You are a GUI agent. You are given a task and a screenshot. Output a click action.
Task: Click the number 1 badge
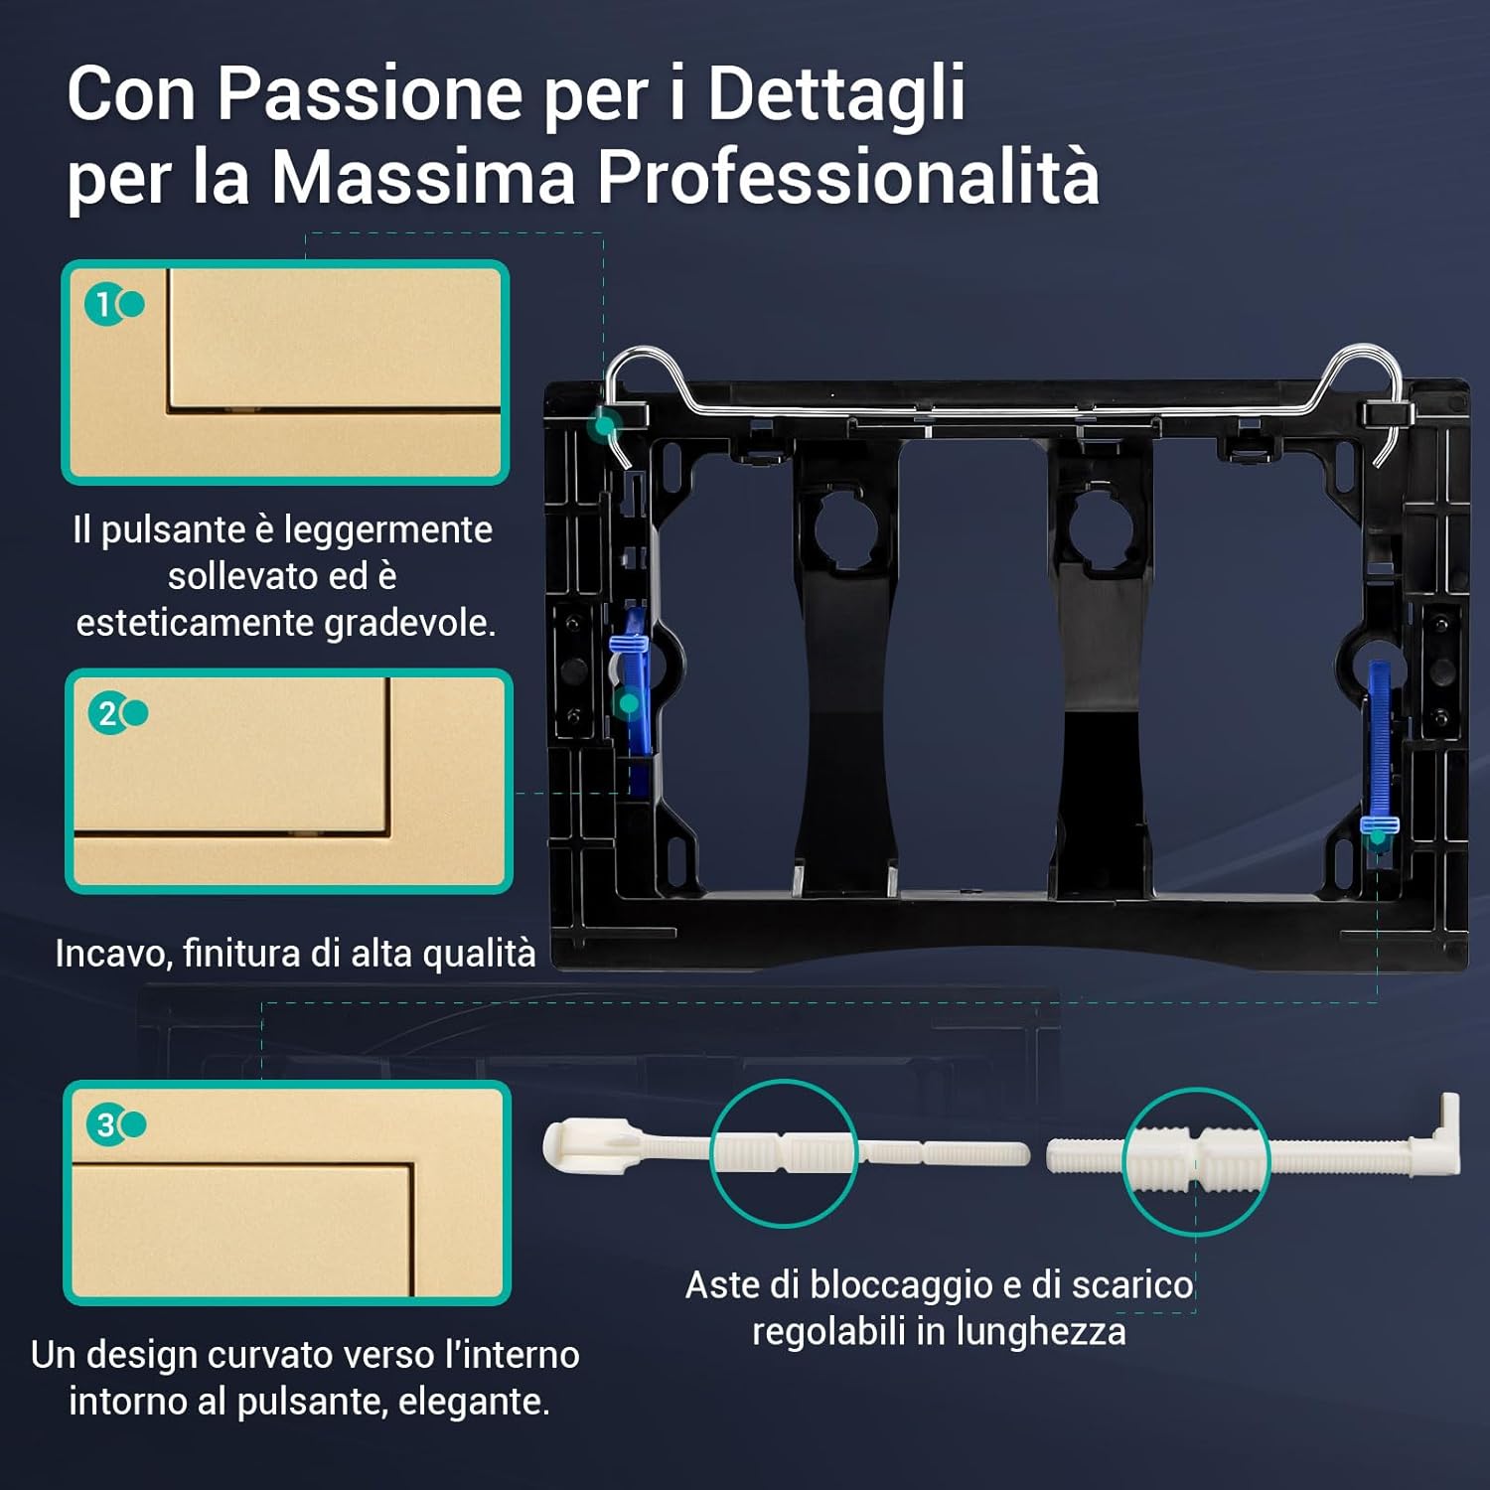[x=103, y=305]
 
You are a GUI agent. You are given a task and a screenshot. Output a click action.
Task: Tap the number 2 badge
[x=107, y=713]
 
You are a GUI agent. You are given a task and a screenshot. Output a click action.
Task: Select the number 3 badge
[x=105, y=1124]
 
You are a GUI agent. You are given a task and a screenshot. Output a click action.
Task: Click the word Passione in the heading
[x=370, y=94]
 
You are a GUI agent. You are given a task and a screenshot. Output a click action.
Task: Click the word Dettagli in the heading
[x=835, y=94]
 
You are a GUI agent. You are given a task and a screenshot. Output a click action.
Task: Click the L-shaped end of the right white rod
[x=1445, y=1132]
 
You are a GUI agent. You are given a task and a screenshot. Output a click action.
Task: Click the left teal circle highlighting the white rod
[x=785, y=1152]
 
